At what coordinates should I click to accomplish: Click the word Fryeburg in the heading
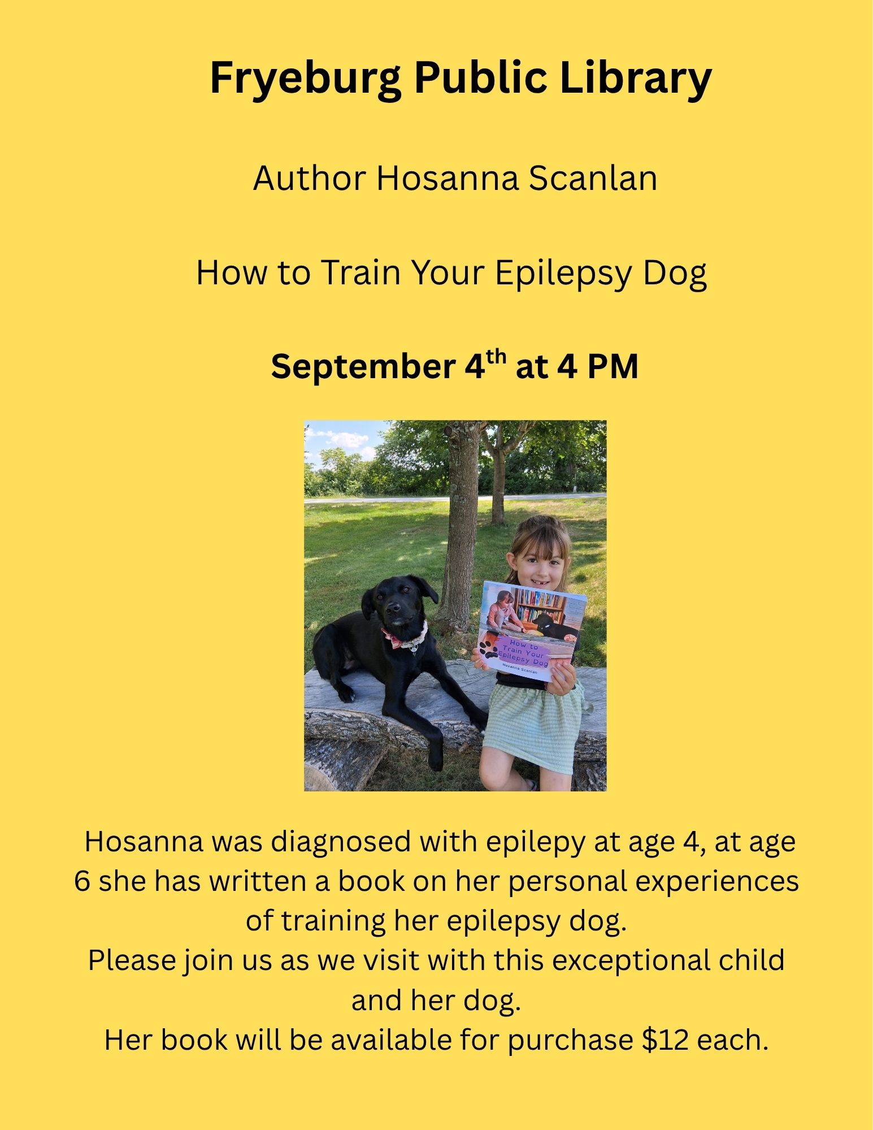coord(305,79)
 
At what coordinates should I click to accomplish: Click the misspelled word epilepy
coord(535,843)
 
